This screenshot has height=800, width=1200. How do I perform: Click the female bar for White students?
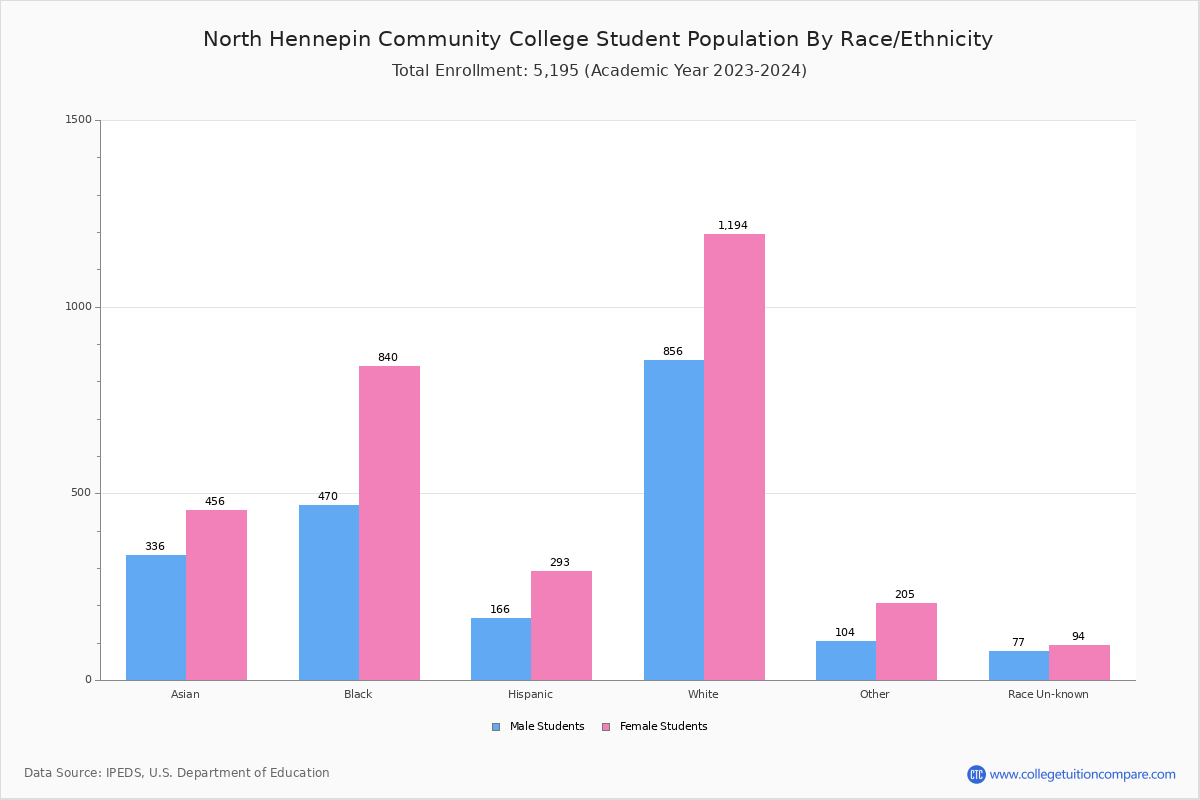734,457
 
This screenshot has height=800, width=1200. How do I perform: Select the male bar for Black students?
329,592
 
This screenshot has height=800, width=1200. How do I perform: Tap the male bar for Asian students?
156,617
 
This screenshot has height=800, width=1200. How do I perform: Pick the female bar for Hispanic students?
561,625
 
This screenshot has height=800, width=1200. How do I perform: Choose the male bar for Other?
846,660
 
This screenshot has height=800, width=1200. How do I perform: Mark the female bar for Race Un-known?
1079,662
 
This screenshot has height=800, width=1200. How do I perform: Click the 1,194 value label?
733,226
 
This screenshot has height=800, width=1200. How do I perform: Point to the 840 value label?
388,358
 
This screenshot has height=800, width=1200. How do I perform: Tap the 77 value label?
1018,643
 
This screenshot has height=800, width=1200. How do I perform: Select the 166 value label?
500,610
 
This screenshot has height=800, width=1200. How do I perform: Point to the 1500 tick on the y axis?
78,120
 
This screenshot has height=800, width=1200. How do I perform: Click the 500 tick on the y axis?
80,493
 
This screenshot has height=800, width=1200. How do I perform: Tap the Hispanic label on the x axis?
530,694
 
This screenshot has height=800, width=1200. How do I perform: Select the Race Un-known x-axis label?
1048,694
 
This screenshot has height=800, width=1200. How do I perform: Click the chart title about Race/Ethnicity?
598,39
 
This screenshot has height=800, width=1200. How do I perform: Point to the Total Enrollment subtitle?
599,71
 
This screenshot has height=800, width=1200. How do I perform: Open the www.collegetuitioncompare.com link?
1082,774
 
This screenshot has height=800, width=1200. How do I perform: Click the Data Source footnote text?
177,773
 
